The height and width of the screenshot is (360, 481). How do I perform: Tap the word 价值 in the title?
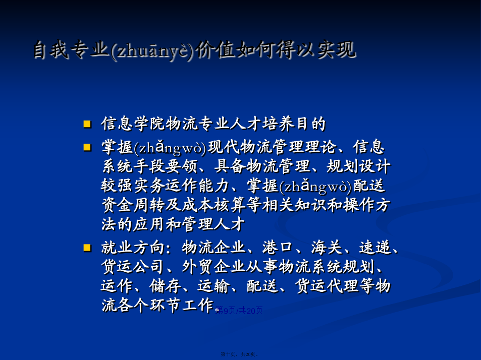tap(215, 49)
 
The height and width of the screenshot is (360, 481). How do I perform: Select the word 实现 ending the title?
tap(337, 49)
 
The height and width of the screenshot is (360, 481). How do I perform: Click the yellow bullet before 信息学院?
tap(87, 124)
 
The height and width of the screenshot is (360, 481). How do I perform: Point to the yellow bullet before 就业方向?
tap(87, 248)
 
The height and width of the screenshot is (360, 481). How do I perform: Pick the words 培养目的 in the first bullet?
tap(294, 124)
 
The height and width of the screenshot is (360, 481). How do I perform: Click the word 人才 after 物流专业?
tap(246, 124)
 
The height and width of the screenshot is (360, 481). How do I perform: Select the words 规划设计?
tap(358, 166)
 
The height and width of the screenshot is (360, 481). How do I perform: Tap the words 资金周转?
tap(133, 205)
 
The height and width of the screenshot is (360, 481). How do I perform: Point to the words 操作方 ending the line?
tap(366, 205)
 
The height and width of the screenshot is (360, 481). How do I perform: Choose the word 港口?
tap(277, 248)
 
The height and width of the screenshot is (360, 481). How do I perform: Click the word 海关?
tap(327, 248)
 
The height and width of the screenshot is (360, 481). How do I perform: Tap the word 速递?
tap(375, 248)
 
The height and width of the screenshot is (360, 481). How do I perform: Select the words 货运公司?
tap(133, 267)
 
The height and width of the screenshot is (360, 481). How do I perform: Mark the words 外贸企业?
tap(213, 267)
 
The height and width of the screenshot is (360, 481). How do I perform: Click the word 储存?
tap(165, 286)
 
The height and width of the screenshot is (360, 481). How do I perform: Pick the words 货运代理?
tap(327, 286)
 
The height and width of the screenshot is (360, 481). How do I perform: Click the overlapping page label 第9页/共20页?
tap(239, 311)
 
